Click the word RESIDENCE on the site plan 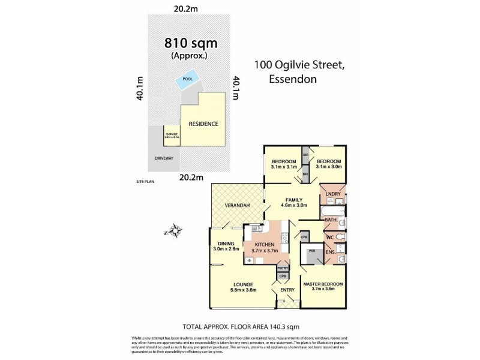pyautogui.click(x=203, y=124)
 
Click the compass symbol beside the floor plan pyautogui.click(x=175, y=230)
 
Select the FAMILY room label pyautogui.click(x=294, y=200)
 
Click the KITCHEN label pyautogui.click(x=264, y=245)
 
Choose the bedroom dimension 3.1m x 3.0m pyautogui.click(x=329, y=167)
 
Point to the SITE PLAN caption pyautogui.click(x=146, y=180)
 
